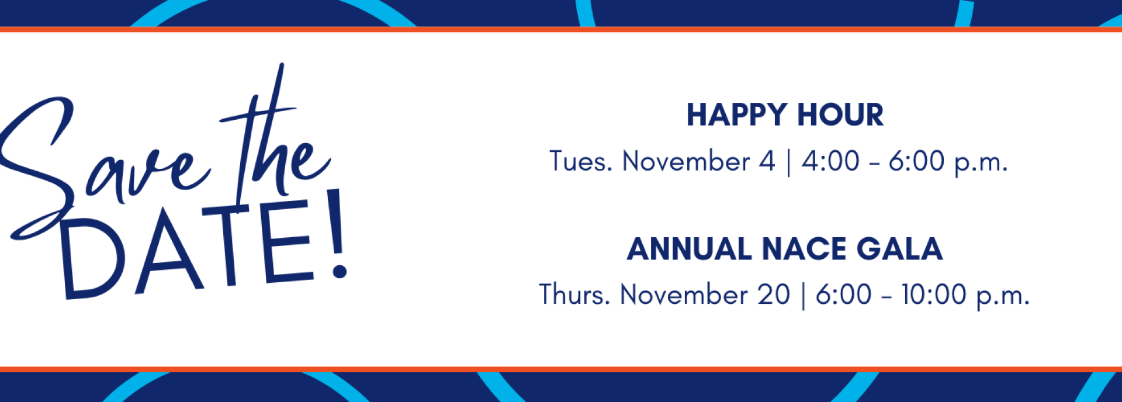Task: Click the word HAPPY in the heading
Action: (x=737, y=115)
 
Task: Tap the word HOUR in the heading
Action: (x=841, y=115)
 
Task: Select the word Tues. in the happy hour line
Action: (x=581, y=161)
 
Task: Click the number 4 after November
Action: (x=767, y=161)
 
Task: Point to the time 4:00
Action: (x=830, y=161)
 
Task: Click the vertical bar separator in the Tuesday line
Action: (x=788, y=162)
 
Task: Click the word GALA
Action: (x=900, y=249)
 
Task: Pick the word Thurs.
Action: (x=575, y=294)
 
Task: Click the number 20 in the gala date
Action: (x=774, y=294)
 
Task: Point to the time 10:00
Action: (x=933, y=294)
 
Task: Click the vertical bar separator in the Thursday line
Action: (x=803, y=296)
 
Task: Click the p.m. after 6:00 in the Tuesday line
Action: (x=981, y=163)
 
